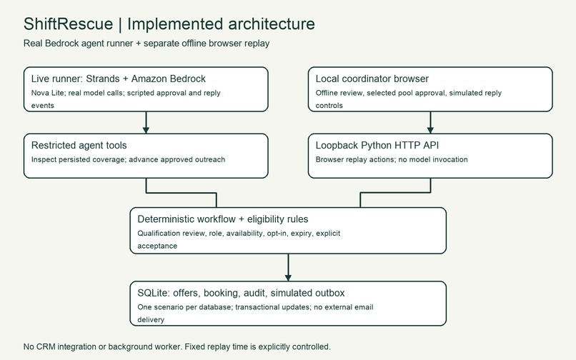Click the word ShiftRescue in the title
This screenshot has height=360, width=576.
[68, 24]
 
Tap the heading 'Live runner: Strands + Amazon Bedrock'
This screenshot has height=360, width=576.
[119, 79]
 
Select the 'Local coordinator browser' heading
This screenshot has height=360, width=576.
[372, 79]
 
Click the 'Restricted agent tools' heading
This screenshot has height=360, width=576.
[79, 146]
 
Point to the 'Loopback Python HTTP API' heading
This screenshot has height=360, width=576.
[377, 146]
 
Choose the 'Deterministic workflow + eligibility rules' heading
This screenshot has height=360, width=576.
[223, 219]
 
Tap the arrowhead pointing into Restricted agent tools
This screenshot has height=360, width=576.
[146, 130]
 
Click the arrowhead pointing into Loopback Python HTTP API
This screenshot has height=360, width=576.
[430, 130]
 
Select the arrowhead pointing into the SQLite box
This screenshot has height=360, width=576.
[288, 277]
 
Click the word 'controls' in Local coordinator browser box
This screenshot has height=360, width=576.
[329, 106]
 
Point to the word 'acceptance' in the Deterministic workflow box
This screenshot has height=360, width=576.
[157, 246]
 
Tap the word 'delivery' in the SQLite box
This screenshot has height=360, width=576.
[151, 319]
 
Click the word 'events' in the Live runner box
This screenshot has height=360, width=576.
[43, 106]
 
